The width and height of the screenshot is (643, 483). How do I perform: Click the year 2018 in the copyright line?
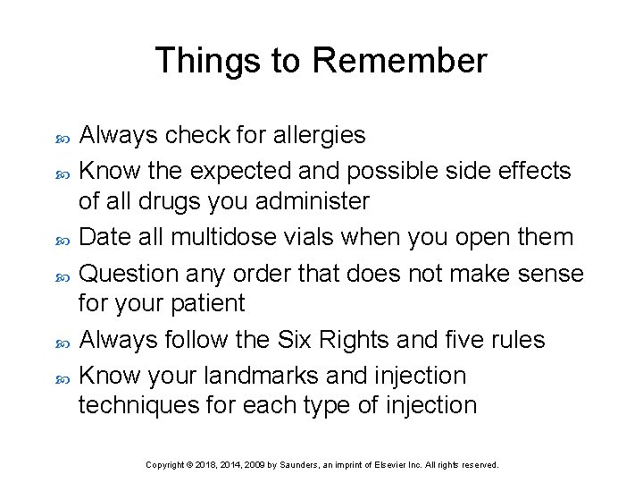[206, 465]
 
